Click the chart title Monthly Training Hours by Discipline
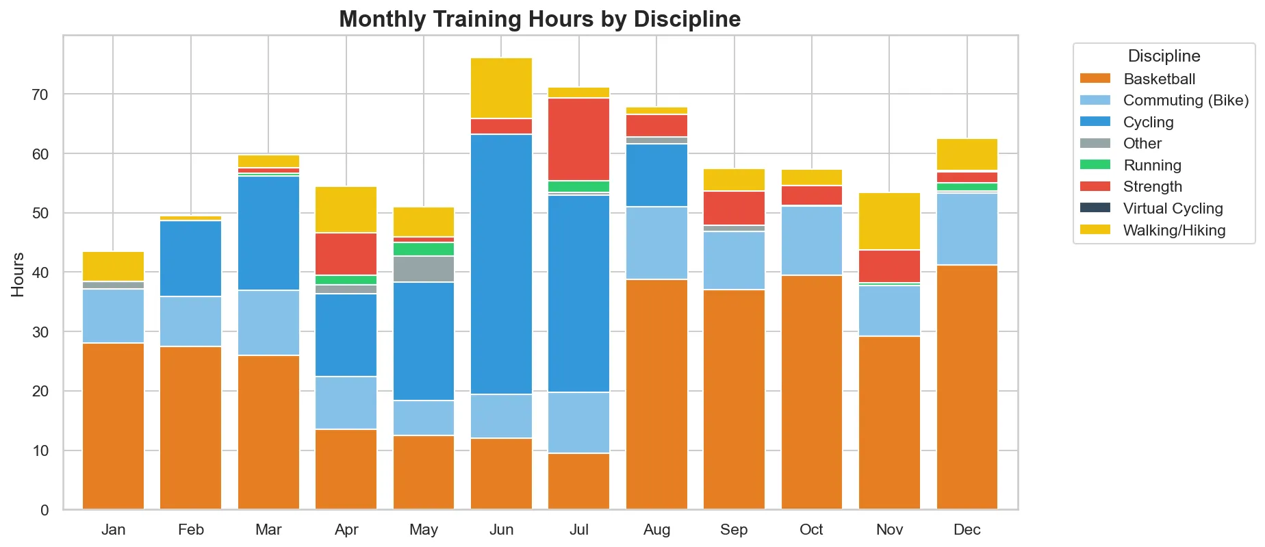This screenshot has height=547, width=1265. coord(539,19)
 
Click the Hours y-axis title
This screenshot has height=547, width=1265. coord(18,275)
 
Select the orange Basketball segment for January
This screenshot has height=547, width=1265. coord(113,426)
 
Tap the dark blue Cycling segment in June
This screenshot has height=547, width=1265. coord(501,264)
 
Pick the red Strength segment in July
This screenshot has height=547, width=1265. coord(579,139)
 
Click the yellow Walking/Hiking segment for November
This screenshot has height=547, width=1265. coord(889,221)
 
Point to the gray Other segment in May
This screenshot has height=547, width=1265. coord(424,269)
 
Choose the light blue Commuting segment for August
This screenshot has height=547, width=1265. coord(656,243)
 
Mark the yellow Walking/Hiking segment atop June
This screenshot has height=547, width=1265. coord(501,88)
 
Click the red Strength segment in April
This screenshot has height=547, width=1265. coord(346,254)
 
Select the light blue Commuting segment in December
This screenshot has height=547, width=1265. coord(967,229)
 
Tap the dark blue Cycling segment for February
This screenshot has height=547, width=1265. coord(191,259)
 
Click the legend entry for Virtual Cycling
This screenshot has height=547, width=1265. coord(1173,209)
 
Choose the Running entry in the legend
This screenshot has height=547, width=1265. coord(1152,166)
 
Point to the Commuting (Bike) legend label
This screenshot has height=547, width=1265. coord(1186,101)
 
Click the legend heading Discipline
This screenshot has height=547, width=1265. coord(1164,56)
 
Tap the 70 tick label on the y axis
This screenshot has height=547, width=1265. coord(40,94)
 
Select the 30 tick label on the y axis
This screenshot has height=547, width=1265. coord(40,332)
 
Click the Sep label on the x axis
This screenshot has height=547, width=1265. coord(734,529)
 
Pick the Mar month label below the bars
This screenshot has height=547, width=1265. coord(268,529)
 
